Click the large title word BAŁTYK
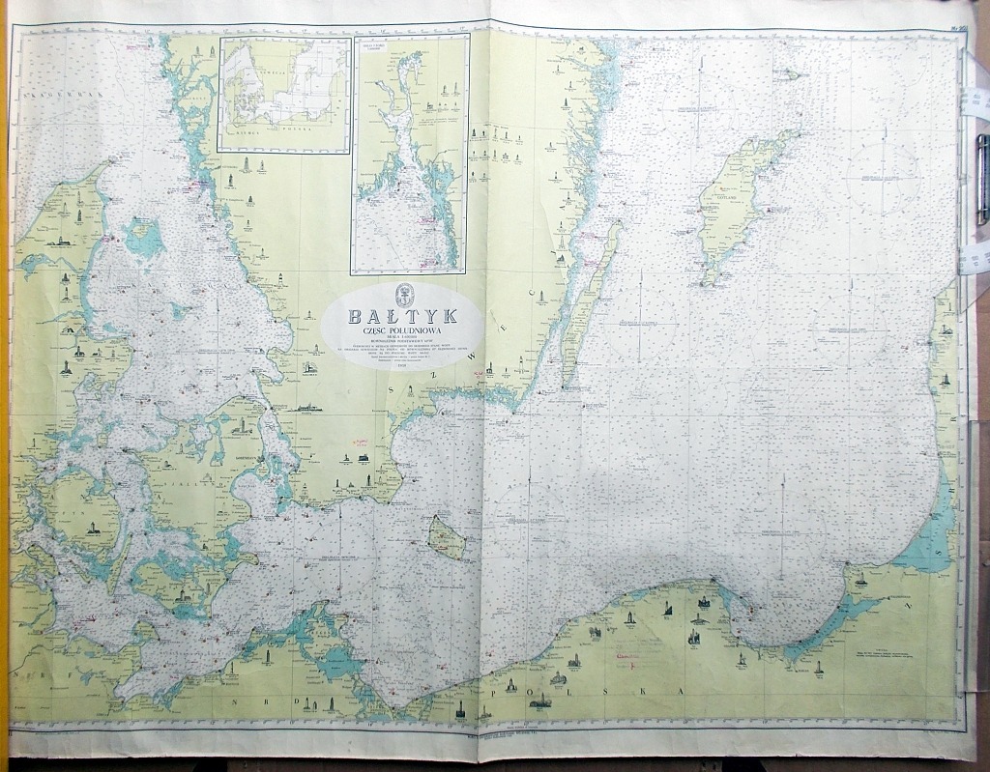tap(403, 317)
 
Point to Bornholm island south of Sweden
tap(447, 537)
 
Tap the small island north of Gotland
tap(789, 73)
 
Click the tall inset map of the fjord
tap(410, 155)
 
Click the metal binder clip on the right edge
tap(981, 179)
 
